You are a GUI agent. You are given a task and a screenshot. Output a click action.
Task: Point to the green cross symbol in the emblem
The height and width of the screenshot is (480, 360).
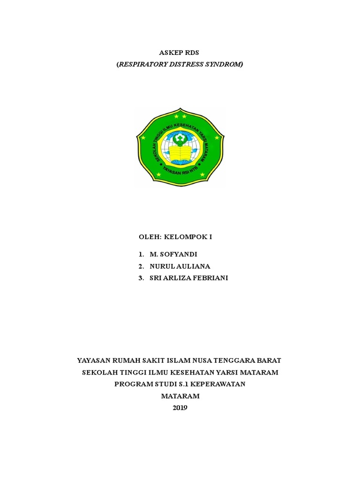(180, 138)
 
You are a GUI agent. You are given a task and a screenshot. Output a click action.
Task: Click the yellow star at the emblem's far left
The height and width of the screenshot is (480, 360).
(143, 138)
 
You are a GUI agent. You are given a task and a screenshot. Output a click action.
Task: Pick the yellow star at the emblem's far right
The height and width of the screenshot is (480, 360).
(217, 138)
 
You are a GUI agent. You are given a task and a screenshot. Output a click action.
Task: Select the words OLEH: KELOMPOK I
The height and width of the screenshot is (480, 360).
(175, 237)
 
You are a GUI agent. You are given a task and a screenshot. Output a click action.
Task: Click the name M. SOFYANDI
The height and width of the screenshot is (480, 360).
(173, 255)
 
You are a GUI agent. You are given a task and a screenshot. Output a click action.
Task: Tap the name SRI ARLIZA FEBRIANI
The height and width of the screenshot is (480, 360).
(189, 278)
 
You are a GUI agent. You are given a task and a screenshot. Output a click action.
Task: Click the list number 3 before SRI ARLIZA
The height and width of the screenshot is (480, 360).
(141, 278)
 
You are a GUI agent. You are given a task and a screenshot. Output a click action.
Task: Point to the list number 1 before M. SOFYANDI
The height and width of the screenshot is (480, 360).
(141, 255)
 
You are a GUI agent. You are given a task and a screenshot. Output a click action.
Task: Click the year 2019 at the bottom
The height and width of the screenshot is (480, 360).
(180, 408)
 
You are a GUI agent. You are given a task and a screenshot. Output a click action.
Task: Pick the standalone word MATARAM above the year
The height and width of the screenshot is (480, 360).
(180, 396)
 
